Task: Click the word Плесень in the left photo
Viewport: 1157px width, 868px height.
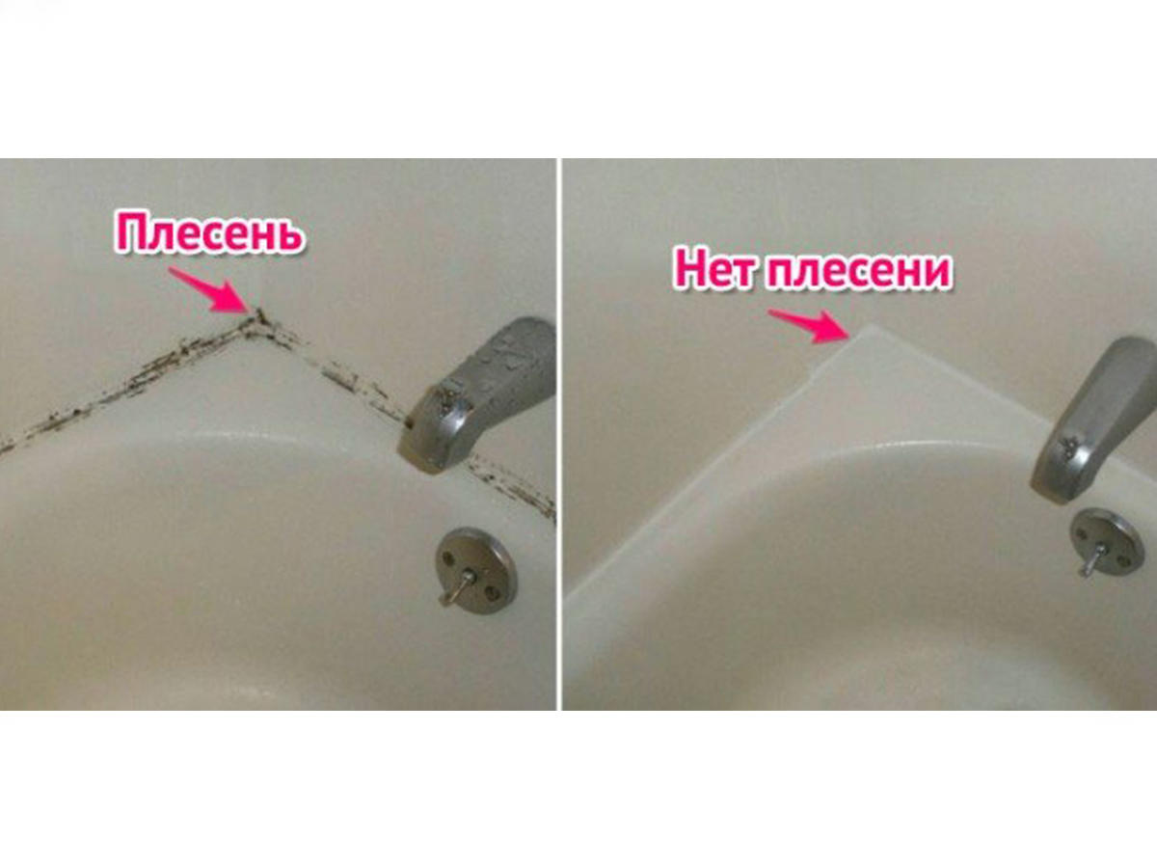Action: (210, 233)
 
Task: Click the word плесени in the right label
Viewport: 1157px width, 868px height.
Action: (859, 271)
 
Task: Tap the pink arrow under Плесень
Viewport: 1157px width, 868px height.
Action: (208, 288)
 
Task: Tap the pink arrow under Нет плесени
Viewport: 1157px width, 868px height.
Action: (808, 325)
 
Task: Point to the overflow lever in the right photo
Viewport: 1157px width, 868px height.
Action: (1093, 559)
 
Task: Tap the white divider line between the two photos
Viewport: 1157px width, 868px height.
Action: (559, 434)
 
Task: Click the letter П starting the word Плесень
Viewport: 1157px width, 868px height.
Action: (131, 231)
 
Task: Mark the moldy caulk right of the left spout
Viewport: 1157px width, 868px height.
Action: (511, 485)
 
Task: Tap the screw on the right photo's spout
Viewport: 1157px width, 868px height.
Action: (1069, 446)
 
